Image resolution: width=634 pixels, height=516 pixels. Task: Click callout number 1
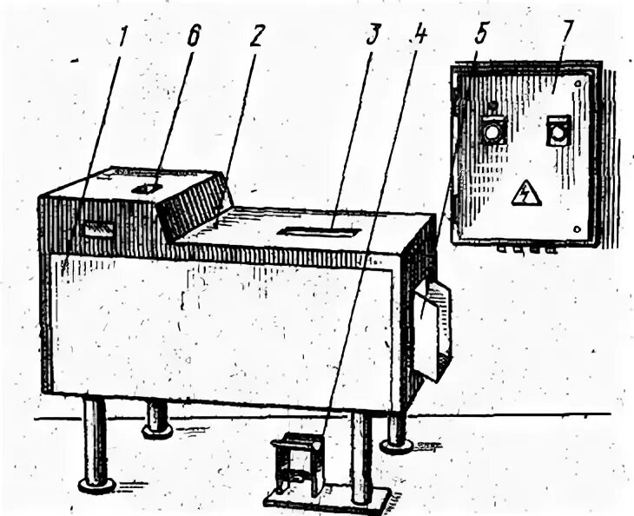coord(124,36)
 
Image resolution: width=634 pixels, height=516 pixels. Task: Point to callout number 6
coord(194,36)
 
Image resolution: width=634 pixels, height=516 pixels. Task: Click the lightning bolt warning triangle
coord(525,194)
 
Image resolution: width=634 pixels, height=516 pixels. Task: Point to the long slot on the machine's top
coord(320,232)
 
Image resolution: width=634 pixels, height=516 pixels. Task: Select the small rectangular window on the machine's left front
coord(97,229)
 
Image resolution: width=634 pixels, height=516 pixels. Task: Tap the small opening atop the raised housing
coord(146,188)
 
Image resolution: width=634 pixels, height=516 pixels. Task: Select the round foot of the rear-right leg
coord(396,446)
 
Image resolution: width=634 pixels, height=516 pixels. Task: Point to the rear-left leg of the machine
coord(156,417)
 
